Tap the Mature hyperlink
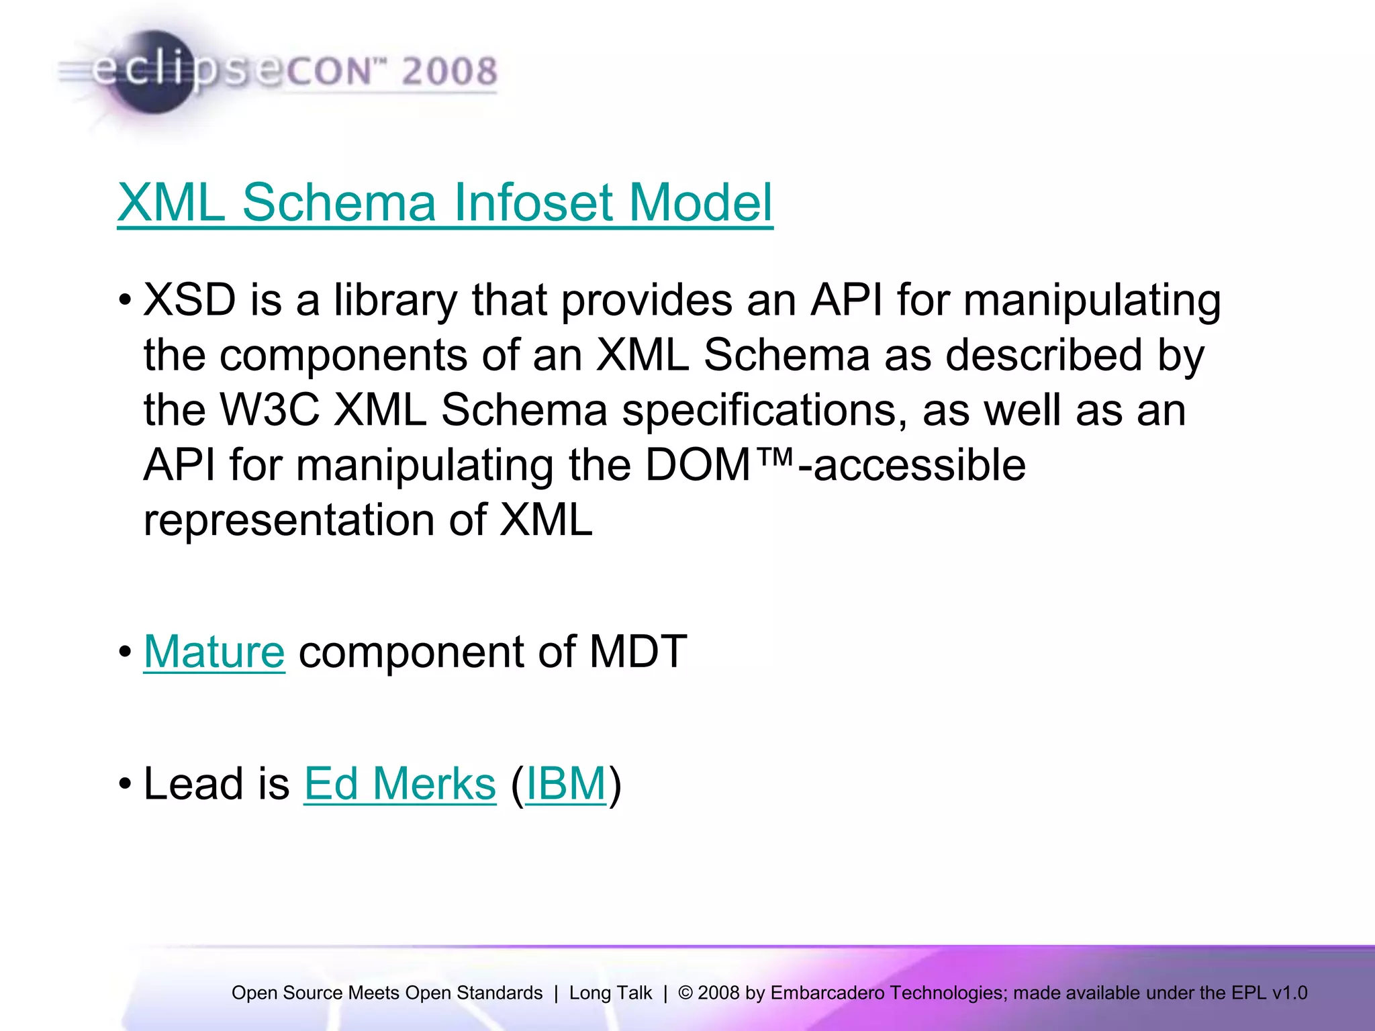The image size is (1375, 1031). tap(214, 652)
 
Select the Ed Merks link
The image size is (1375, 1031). tap(399, 783)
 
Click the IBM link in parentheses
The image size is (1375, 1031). tap(565, 783)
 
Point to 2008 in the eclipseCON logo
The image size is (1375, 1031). tap(449, 71)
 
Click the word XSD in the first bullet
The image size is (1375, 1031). tap(189, 300)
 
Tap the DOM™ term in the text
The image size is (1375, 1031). tap(718, 464)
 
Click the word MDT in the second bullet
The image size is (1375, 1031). tap(637, 652)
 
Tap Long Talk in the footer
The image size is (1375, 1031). tap(610, 993)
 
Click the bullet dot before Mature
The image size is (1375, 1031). tap(125, 652)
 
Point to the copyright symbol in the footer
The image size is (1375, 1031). tap(685, 993)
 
